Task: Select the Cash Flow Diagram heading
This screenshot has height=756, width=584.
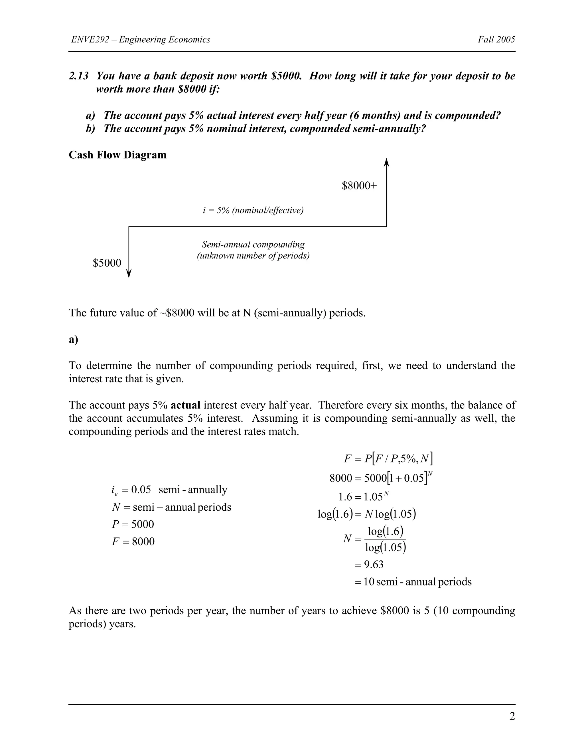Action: click(x=118, y=155)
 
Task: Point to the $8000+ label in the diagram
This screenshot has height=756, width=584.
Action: click(x=359, y=186)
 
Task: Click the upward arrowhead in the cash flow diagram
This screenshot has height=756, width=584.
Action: click(x=386, y=162)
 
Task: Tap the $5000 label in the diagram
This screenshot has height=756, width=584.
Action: click(x=107, y=263)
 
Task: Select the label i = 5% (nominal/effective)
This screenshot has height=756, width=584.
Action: click(x=253, y=211)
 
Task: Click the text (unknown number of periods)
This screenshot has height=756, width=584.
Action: click(x=253, y=256)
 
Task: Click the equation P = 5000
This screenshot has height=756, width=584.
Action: click(x=133, y=524)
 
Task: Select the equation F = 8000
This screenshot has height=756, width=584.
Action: click(x=133, y=541)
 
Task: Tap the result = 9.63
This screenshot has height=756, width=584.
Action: click(x=369, y=565)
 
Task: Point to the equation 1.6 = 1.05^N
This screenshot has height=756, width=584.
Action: click(x=364, y=497)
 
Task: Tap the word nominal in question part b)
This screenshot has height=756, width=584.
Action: click(x=225, y=129)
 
